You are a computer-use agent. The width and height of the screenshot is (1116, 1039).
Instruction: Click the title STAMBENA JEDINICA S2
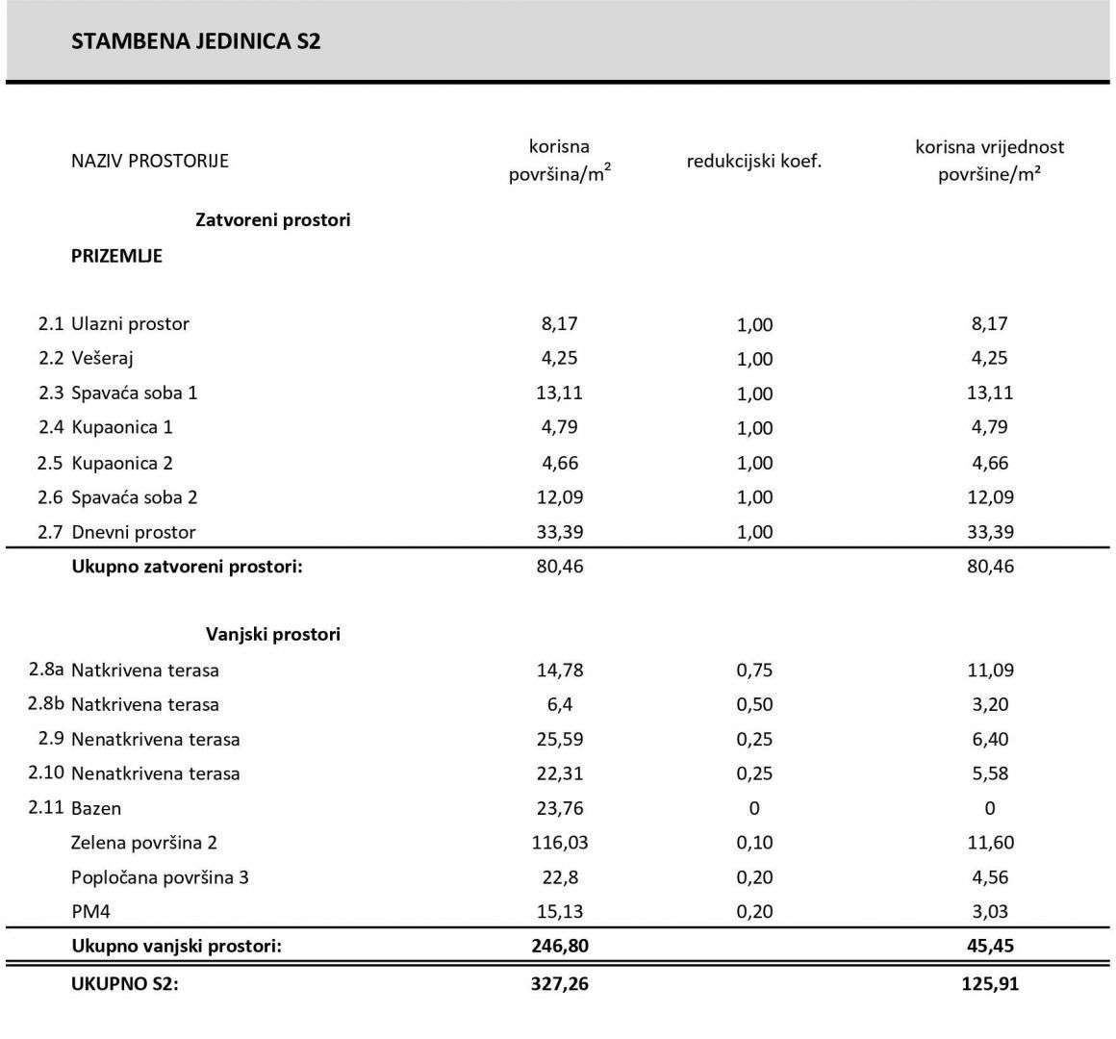(195, 41)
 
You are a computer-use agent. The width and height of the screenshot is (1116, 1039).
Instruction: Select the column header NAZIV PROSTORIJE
(150, 161)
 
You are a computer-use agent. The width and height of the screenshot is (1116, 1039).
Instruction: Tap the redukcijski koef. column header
(754, 161)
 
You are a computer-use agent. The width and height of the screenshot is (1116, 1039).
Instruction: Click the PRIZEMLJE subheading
(116, 256)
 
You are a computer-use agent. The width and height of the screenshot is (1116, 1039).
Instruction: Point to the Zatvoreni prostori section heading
(273, 220)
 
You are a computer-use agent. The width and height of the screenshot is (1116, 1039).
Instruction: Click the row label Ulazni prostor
(130, 324)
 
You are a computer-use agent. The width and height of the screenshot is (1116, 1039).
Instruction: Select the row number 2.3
(50, 393)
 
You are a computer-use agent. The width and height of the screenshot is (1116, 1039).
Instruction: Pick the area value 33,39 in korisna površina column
(559, 532)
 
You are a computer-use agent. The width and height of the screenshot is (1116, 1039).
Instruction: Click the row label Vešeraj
(102, 359)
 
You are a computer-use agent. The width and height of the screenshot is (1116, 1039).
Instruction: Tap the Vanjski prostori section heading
(273, 635)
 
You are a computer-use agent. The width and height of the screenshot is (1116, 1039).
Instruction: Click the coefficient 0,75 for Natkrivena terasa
(754, 671)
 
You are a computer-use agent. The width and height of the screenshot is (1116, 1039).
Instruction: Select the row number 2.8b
(46, 703)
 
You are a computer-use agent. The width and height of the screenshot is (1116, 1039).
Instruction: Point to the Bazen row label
(96, 808)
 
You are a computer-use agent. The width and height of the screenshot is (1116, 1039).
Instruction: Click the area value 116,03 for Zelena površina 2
(559, 843)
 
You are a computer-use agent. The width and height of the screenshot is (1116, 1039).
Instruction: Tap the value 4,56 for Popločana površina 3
(989, 877)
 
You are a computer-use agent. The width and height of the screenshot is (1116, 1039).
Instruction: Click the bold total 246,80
(559, 946)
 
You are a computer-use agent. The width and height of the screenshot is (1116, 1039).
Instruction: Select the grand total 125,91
(989, 984)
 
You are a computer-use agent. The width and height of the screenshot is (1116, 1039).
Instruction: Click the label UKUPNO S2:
(125, 984)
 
